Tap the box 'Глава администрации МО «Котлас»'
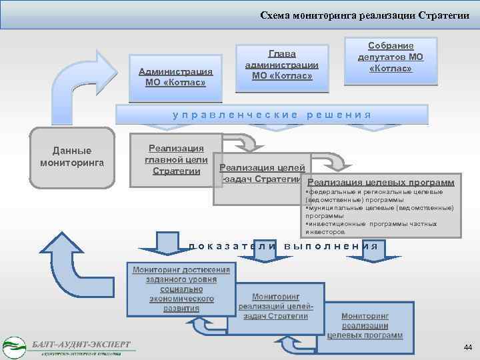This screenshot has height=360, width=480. click(x=281, y=64)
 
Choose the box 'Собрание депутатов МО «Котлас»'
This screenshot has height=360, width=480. click(x=391, y=57)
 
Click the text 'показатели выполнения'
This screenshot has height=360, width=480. click(x=283, y=246)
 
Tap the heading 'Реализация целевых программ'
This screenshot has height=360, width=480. click(x=382, y=181)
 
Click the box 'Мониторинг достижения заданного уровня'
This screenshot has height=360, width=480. click(x=181, y=289)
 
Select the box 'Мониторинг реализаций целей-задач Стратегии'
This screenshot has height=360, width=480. click(x=275, y=305)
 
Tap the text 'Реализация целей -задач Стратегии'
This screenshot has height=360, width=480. click(x=261, y=173)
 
